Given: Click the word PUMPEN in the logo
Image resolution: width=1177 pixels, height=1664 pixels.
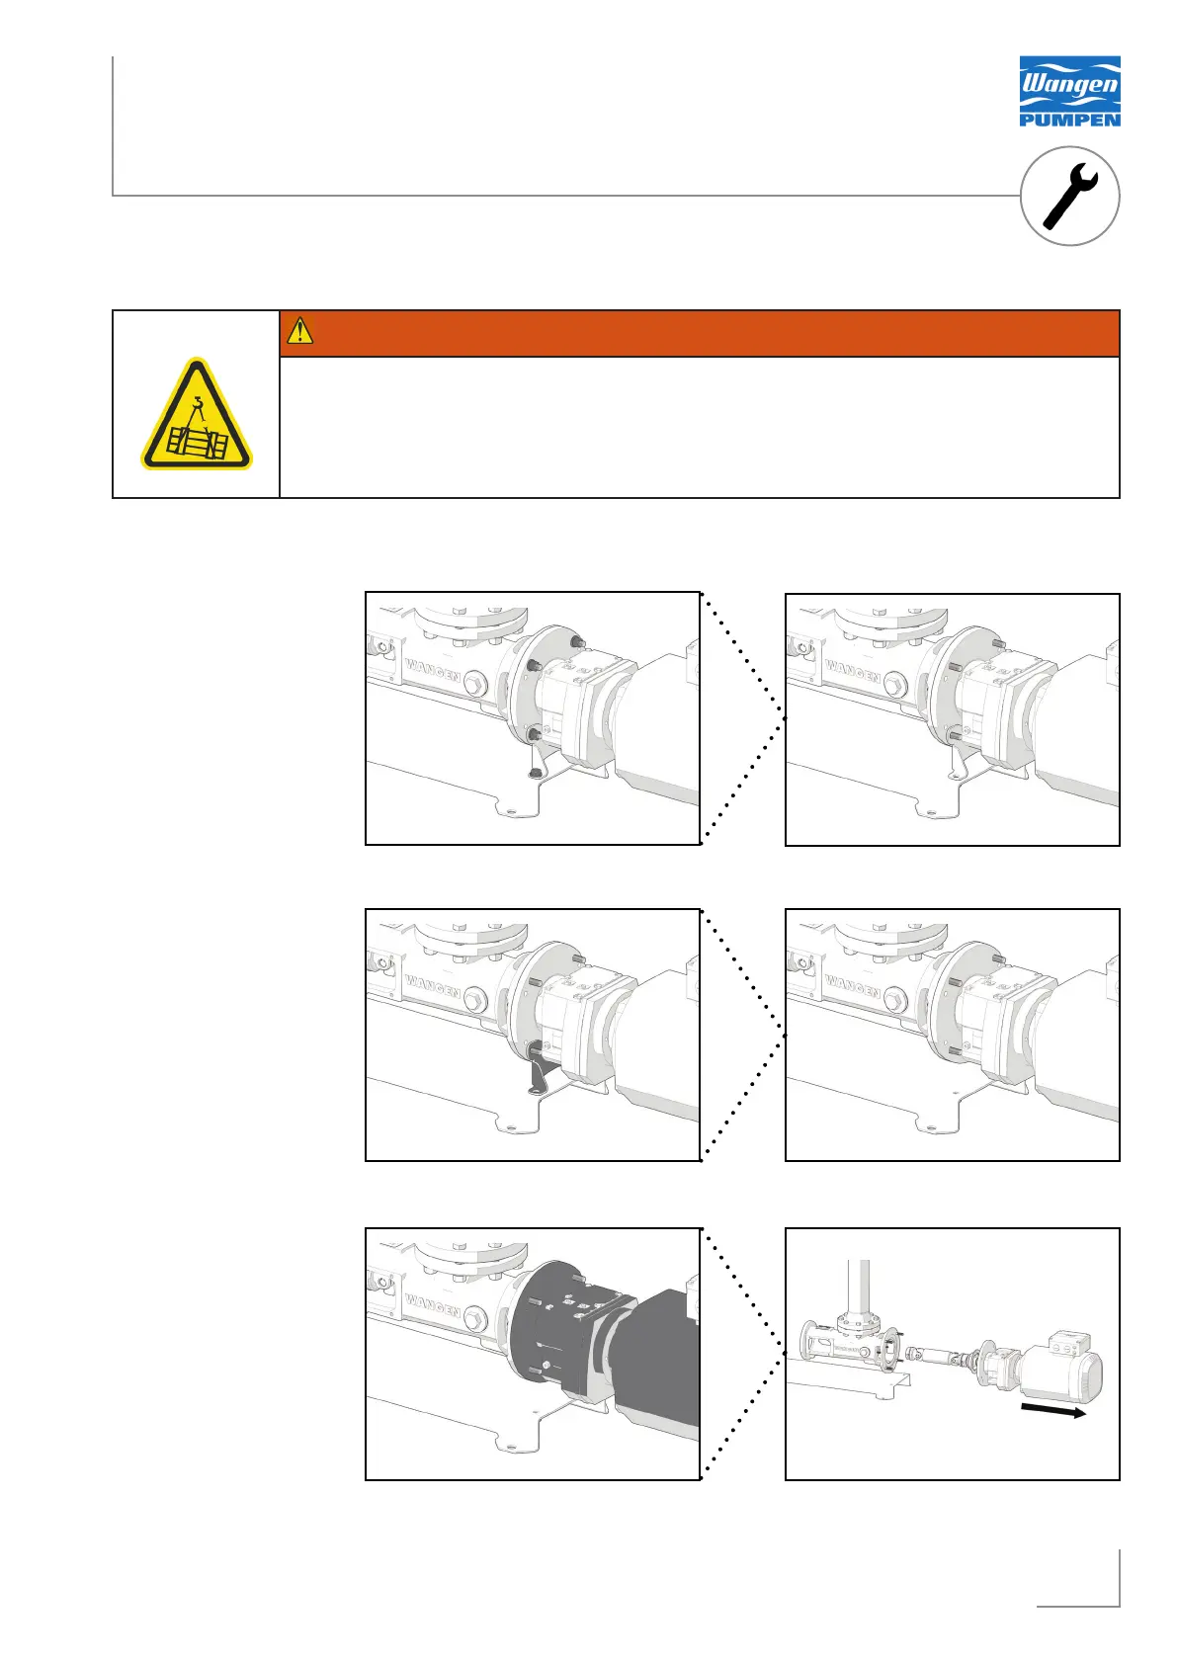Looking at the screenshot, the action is coord(1069,119).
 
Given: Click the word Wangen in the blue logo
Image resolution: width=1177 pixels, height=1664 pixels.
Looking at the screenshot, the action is coord(1069,85).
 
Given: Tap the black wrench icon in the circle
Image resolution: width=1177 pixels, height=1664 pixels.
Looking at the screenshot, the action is coord(1069,196).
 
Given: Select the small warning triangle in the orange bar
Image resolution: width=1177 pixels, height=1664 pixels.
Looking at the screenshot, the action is coord(299,330).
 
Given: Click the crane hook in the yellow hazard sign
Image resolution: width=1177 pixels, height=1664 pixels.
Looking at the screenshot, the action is coord(198,404).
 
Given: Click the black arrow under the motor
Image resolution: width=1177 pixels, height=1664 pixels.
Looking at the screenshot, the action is coord(1052,1410).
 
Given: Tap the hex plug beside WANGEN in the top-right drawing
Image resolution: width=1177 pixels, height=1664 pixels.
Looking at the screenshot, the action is coord(895,687).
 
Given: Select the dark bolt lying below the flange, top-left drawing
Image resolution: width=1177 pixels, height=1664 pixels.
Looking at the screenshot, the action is coord(534,774).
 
